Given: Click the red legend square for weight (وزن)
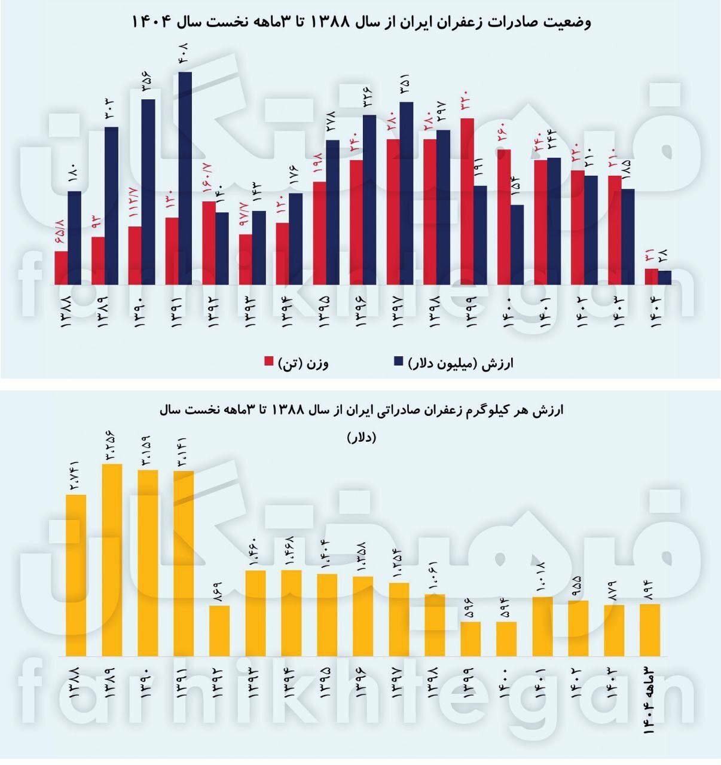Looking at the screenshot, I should click(x=269, y=362).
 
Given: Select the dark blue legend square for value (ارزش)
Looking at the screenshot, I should click(x=399, y=362).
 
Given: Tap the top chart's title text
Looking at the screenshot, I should click(x=360, y=23).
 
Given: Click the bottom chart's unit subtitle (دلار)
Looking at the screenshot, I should click(x=361, y=437).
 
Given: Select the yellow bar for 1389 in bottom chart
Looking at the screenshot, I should click(x=112, y=559).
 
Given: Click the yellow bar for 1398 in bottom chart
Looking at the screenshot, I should click(x=435, y=625).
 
